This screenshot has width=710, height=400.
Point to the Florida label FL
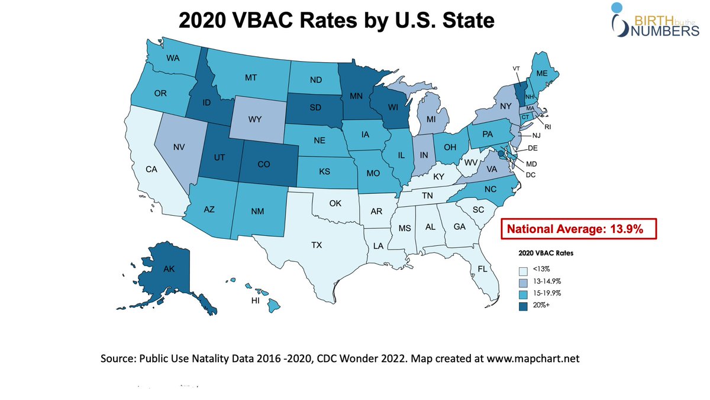482,270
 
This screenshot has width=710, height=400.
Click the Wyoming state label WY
255,119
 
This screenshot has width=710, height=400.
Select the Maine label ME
541,73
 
